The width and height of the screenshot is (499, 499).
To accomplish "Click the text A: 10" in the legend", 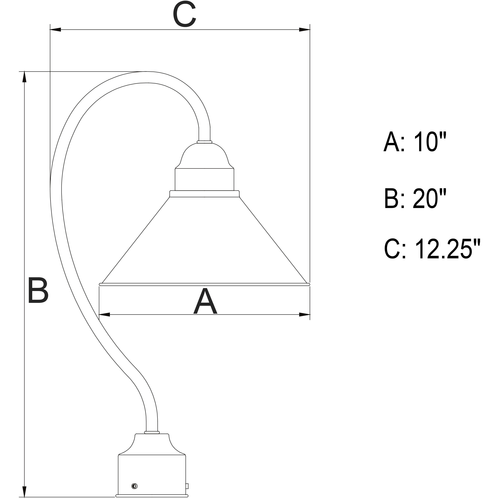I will coord(415,142).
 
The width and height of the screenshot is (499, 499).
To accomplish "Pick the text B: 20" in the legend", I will coord(415,198).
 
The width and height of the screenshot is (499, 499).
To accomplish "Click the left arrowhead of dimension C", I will coord(55,30).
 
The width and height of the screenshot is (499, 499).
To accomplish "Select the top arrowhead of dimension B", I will coord(25,77).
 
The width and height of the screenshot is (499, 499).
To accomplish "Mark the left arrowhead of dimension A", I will coord(104,315).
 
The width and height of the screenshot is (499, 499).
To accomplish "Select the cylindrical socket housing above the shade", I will coord(204,180).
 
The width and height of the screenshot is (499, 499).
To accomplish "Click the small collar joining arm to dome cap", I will coord(204,142).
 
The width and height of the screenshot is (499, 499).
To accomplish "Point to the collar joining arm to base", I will coord(152,432).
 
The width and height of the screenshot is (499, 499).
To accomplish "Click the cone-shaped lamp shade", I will coord(204,245).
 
